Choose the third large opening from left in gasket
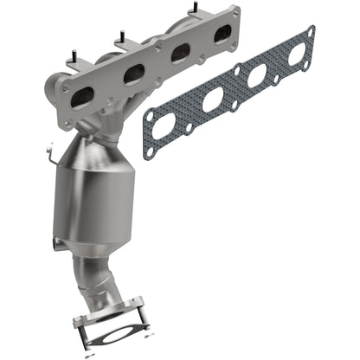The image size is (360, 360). tap(257, 75)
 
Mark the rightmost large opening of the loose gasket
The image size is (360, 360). tap(297, 52)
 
